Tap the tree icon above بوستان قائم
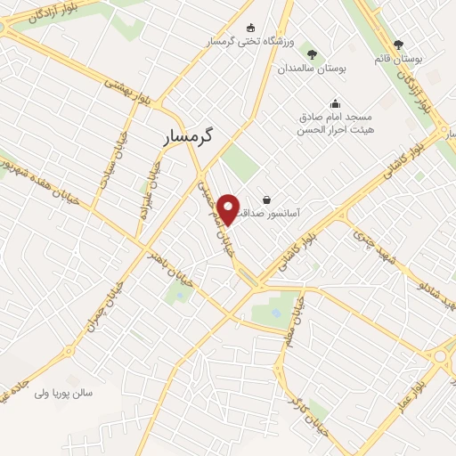click(398, 45)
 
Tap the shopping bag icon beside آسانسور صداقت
click(266, 199)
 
